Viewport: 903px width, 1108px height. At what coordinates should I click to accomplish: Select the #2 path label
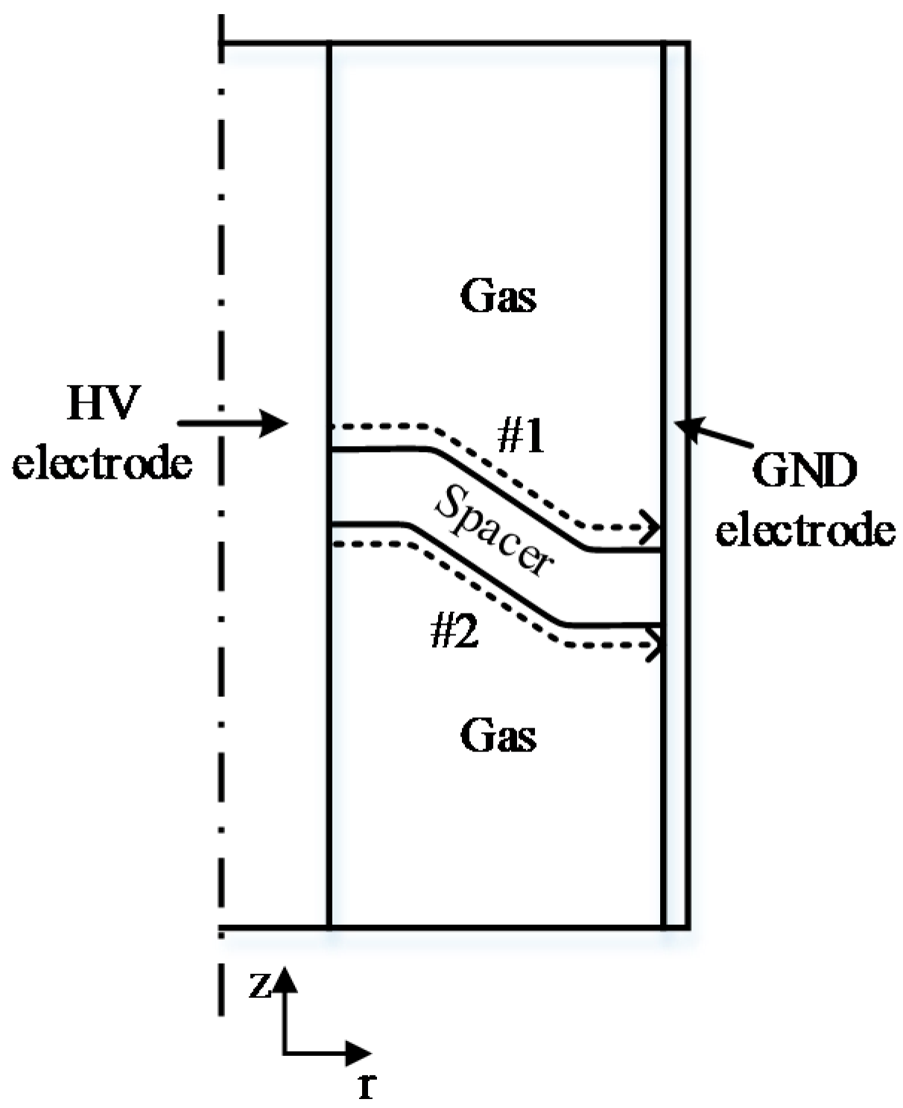click(454, 633)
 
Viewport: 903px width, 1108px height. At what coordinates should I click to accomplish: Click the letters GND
click(805, 471)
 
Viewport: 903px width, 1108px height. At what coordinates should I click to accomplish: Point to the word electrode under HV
click(103, 463)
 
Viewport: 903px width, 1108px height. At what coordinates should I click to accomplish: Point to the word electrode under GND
click(805, 531)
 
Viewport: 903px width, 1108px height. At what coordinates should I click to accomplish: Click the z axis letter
click(259, 986)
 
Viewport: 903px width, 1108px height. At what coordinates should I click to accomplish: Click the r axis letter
click(365, 1087)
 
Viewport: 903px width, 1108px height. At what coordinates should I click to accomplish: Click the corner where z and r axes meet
click(285, 1053)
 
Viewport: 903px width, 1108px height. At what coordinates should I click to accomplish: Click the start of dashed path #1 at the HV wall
click(332, 427)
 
